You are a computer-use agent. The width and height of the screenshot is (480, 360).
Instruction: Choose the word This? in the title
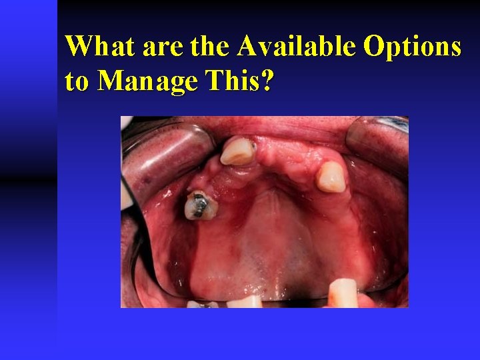[x=235, y=81]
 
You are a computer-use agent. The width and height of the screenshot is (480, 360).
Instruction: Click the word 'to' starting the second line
[x=77, y=82]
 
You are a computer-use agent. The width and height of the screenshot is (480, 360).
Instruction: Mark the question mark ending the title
[x=267, y=81]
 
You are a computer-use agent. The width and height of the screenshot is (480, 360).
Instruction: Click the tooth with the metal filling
[x=200, y=205]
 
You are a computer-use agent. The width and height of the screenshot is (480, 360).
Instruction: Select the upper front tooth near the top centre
[x=238, y=151]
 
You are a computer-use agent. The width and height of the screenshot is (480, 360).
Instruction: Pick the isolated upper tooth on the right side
[x=331, y=177]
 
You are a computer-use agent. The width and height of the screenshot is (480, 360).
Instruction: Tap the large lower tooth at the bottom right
[x=343, y=293]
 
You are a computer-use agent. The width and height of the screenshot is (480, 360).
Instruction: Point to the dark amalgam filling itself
[x=197, y=203]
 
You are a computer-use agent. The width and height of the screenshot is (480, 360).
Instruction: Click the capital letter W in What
[x=79, y=47]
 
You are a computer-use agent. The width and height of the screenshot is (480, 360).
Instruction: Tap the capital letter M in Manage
[x=111, y=82]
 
